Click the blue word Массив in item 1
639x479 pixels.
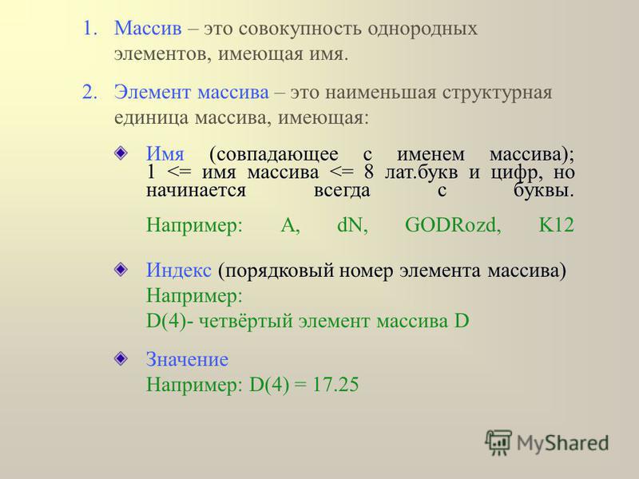click(148, 29)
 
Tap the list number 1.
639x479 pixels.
click(89, 29)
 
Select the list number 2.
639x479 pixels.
click(89, 93)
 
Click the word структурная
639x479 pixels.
click(497, 93)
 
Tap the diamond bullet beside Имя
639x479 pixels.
click(121, 153)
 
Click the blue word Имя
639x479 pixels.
click(165, 154)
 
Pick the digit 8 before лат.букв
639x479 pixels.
click(368, 172)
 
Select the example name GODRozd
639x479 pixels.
click(453, 225)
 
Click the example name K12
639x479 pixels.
click(556, 225)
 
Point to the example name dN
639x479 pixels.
click(352, 225)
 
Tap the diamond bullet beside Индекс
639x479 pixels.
click(121, 269)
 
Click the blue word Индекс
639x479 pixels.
click(179, 270)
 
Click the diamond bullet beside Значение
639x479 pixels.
click(121, 358)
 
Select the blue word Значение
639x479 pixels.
click(187, 360)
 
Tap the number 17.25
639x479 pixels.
click(335, 385)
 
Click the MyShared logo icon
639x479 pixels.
click(498, 442)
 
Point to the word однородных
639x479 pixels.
click(423, 30)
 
